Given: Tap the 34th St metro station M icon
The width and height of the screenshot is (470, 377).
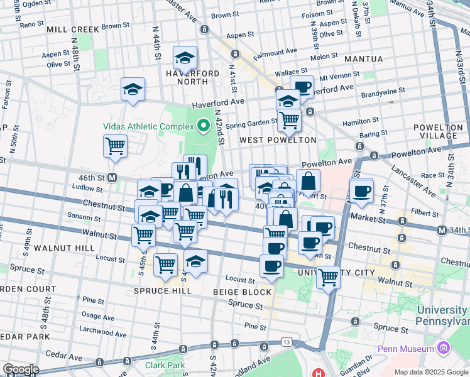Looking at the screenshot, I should point(442,231).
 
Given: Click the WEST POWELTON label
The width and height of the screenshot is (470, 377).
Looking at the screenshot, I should point(277,139).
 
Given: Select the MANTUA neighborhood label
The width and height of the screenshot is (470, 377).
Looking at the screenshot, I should point(364,59).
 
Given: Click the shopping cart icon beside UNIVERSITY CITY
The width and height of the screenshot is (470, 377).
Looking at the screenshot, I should point(328,277).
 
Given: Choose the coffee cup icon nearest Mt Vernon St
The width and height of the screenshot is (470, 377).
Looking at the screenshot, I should point(302,87).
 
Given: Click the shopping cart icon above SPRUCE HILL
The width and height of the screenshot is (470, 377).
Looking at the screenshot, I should point(165,265).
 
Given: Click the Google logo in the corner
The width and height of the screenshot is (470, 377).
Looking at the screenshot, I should point(21,369).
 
